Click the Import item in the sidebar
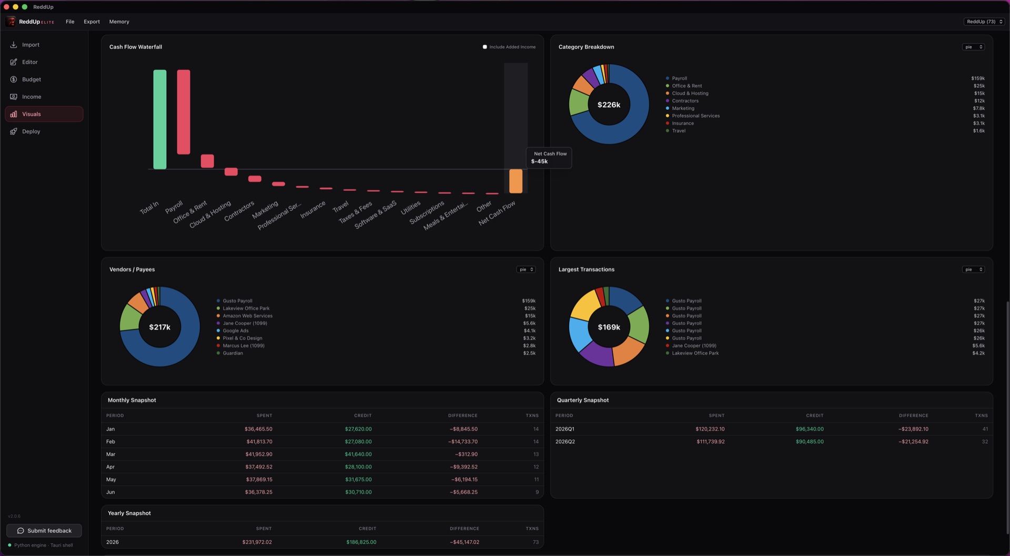coord(31,45)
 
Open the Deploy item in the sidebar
coord(31,131)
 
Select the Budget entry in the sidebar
coord(32,79)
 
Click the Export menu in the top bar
coord(92,22)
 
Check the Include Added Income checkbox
coord(485,47)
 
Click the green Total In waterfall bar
coord(160,119)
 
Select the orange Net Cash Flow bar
coord(516,181)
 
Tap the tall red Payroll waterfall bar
coord(184,112)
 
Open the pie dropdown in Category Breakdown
coord(973,47)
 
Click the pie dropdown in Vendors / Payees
coord(526,270)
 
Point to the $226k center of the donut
coord(609,105)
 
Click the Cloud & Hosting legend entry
coord(690,94)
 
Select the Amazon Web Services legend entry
coord(247,316)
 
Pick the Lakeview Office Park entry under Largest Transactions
coord(695,353)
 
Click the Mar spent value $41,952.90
coord(259,454)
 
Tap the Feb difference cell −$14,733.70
coord(463,441)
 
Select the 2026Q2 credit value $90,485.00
coord(810,441)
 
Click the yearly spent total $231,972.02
coord(257,542)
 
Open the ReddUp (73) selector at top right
coord(984,22)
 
